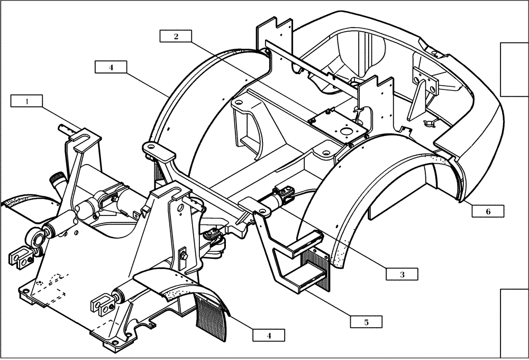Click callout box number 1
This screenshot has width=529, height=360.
pyautogui.click(x=26, y=101)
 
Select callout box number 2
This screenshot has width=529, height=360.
pyautogui.click(x=176, y=36)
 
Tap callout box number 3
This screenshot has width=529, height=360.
pyautogui.click(x=402, y=274)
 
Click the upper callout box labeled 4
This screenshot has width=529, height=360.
pyautogui.click(x=111, y=67)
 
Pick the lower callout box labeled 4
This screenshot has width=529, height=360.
pyautogui.click(x=268, y=335)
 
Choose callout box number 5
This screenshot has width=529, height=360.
pyautogui.click(x=366, y=321)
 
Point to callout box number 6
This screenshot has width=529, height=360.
pyautogui.click(x=488, y=211)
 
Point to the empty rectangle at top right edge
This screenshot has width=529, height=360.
pyautogui.click(x=514, y=69)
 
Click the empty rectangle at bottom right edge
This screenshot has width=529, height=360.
pyautogui.click(x=514, y=323)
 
